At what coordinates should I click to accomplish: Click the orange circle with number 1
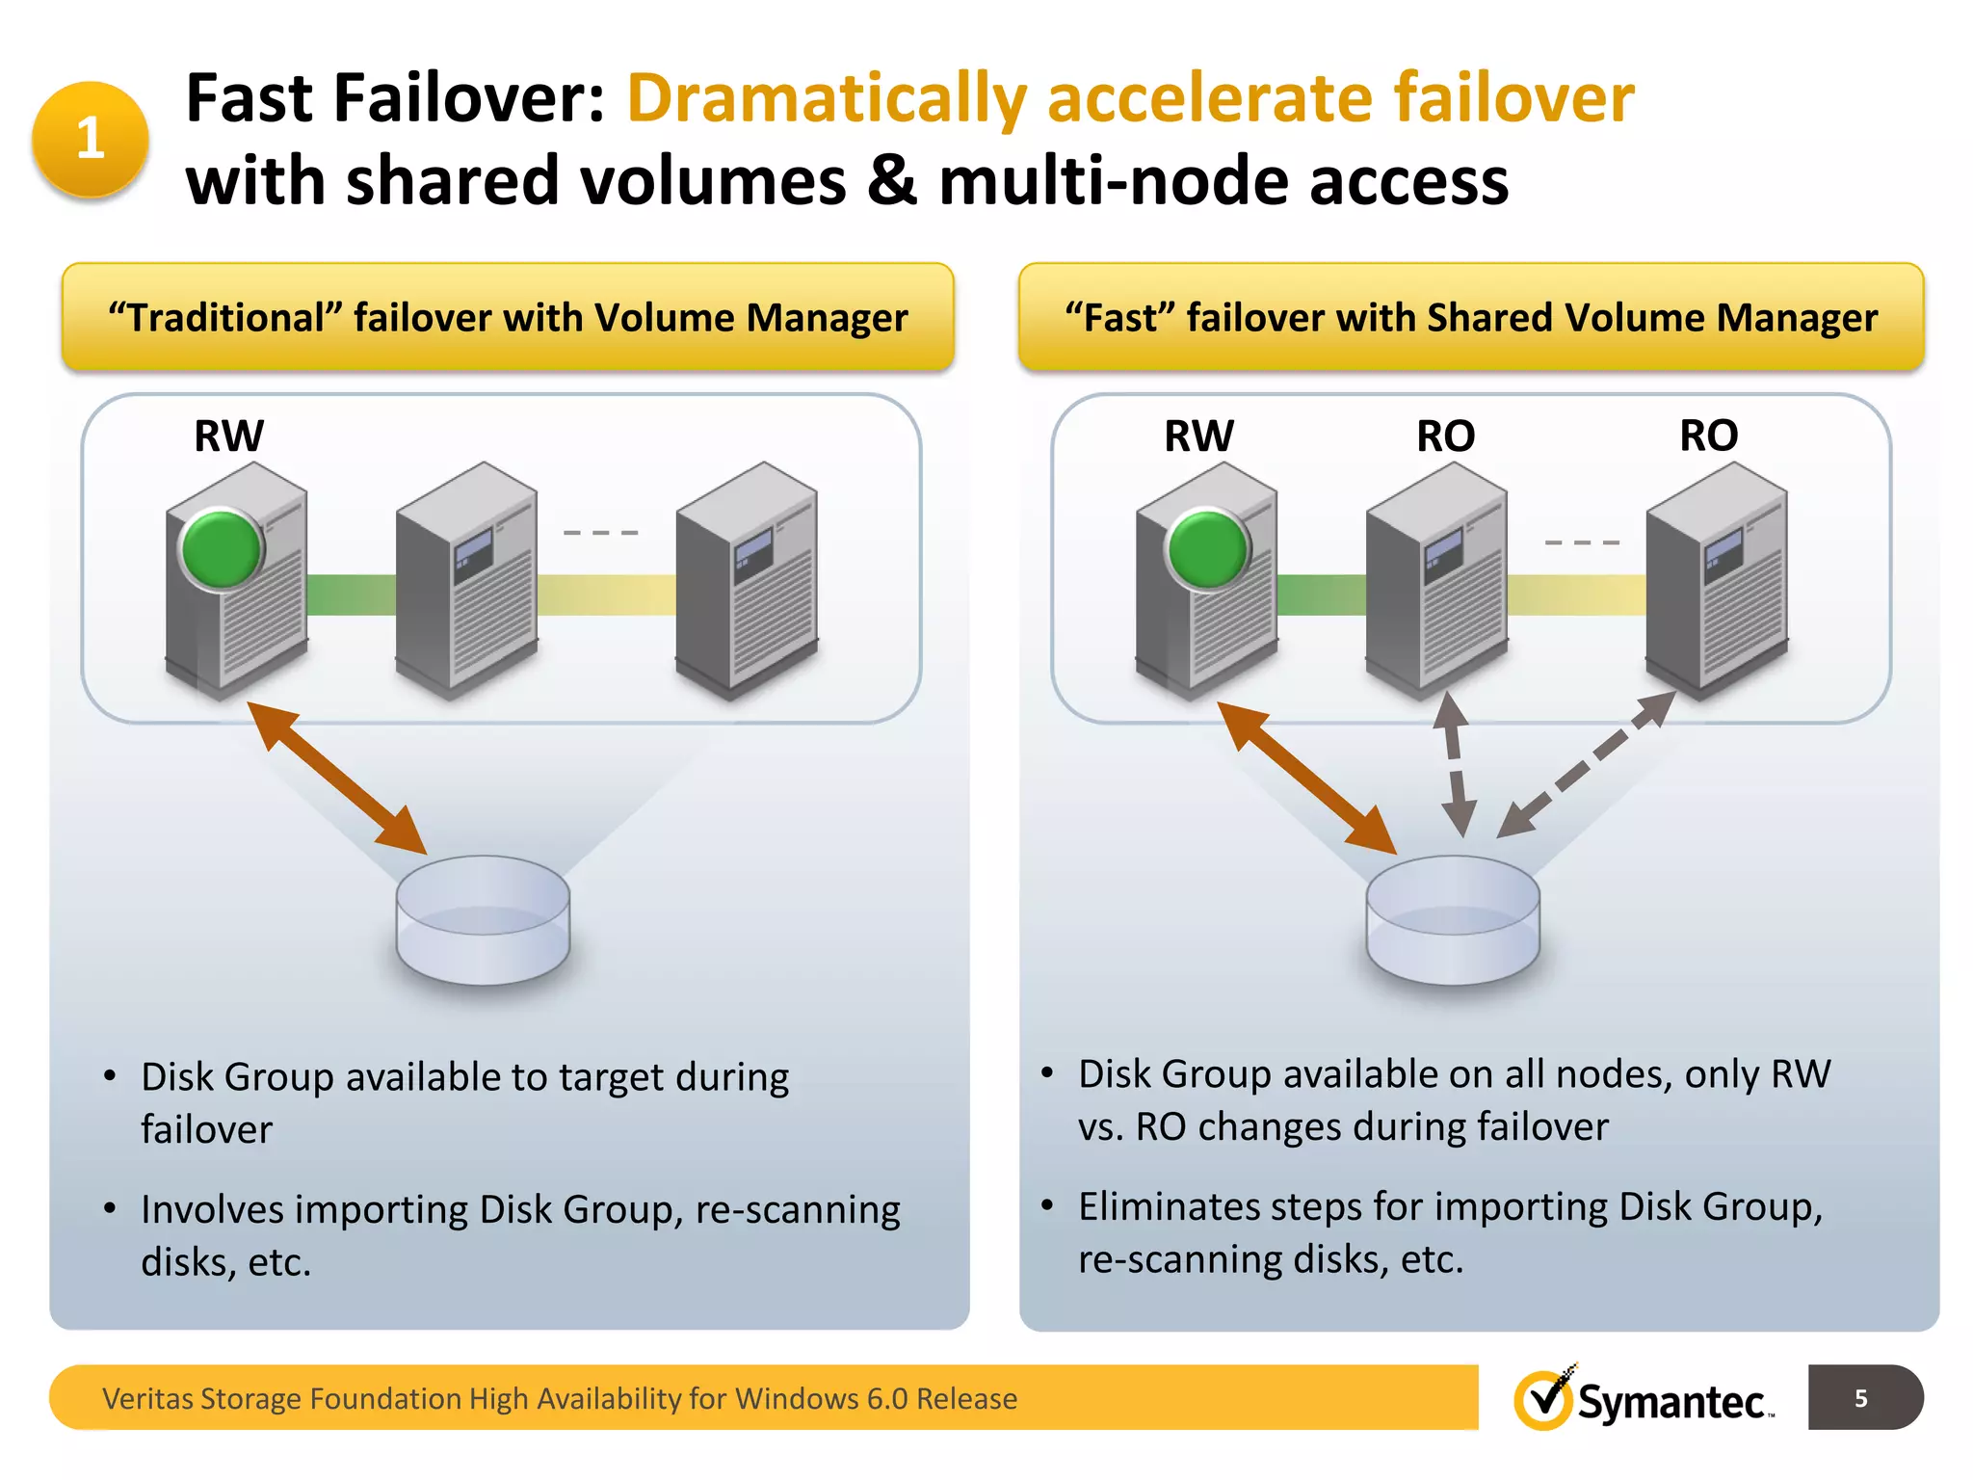[x=90, y=139]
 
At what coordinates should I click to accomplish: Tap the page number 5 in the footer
[x=1860, y=1398]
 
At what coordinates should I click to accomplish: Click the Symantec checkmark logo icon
[x=1544, y=1400]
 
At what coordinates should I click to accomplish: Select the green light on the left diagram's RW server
[x=222, y=549]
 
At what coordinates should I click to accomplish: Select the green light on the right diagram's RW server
[x=1207, y=549]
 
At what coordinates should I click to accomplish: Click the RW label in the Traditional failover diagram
[x=228, y=436]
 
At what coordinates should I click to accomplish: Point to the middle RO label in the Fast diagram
[x=1445, y=436]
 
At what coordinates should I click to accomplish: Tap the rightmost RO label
[x=1708, y=436]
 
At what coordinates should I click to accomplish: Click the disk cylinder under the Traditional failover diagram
[x=483, y=921]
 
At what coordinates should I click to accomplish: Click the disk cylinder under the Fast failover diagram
[x=1453, y=921]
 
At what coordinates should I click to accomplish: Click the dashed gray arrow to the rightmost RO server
[x=1588, y=763]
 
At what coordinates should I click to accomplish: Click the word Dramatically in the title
[x=827, y=99]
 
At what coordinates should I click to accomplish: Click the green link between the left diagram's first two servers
[x=351, y=595]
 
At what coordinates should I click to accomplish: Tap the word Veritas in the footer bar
[x=146, y=1398]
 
